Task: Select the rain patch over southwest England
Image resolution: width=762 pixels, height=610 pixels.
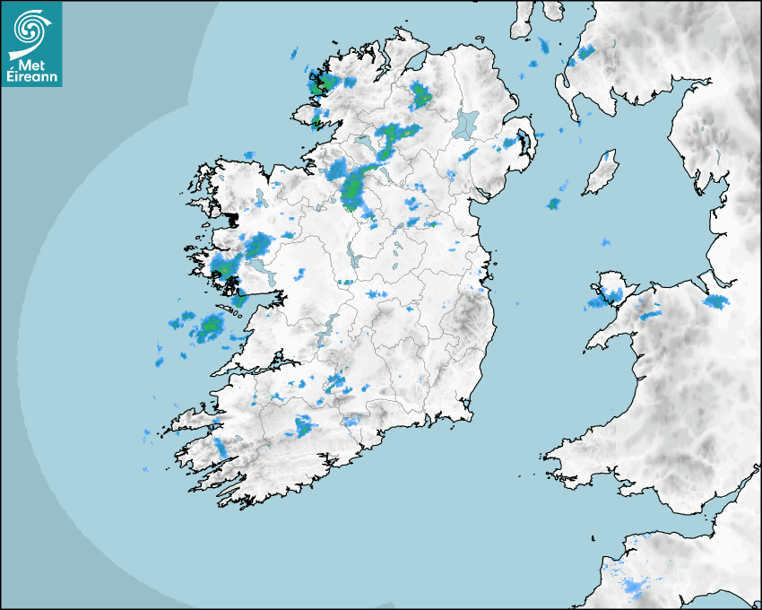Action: pos(635,587)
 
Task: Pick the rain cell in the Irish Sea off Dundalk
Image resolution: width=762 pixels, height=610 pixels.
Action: pos(553,204)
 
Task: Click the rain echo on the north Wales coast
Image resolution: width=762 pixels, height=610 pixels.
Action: pos(716,301)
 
